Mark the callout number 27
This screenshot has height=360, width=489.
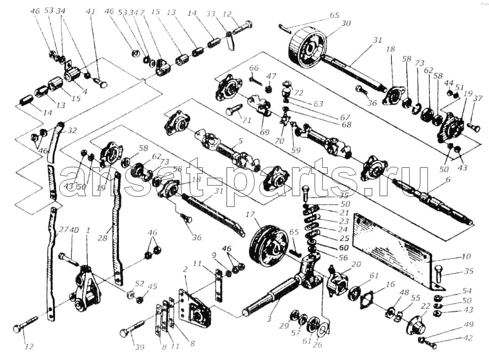62,230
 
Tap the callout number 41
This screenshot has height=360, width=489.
91,11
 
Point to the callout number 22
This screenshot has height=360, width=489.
425,306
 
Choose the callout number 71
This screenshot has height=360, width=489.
247,120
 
